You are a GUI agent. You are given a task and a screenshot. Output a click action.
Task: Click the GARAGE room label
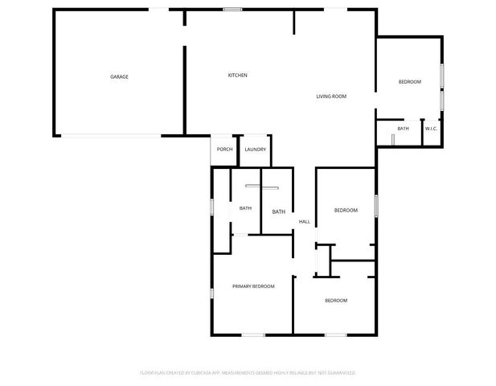tap(119, 77)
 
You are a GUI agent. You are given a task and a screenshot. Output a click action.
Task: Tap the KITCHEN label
tap(237, 76)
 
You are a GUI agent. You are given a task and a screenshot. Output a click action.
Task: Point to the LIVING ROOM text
tap(330, 96)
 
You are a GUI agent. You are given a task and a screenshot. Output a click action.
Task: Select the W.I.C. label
tap(431, 129)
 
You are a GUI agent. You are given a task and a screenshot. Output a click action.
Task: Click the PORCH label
tap(225, 150)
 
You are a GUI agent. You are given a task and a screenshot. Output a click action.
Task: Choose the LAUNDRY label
tap(256, 150)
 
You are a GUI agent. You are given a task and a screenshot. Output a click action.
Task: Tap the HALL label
tap(305, 222)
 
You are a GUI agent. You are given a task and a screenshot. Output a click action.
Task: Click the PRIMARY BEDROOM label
tap(253, 286)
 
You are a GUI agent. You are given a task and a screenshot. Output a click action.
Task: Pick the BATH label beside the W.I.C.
tap(403, 129)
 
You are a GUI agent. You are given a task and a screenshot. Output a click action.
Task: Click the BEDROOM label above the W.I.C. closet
tap(409, 82)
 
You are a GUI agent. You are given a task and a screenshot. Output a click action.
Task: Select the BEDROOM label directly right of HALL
tap(346, 211)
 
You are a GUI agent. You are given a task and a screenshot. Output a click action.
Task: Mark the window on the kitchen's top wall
tap(233, 10)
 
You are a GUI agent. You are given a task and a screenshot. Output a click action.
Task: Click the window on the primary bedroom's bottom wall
tap(253, 334)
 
